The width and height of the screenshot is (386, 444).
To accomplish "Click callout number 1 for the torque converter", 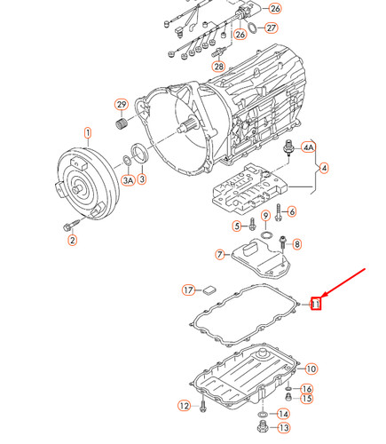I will point(88,134).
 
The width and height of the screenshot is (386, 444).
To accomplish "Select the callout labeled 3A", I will point(128,180).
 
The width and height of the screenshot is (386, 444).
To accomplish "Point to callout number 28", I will point(217,67).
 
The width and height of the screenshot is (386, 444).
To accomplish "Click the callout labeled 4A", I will point(309,147).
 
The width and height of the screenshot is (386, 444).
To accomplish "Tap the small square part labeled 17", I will point(209,288).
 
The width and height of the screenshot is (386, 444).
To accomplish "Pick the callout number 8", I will point(296,244).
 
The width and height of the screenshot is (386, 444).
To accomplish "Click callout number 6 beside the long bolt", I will point(292,211).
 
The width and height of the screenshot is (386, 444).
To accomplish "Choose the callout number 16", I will point(306,389).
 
